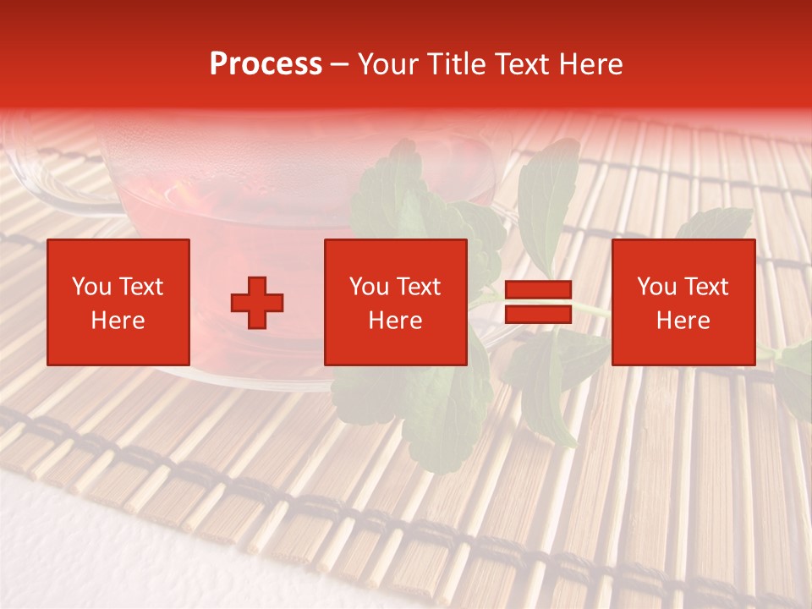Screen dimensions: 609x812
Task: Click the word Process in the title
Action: point(266,64)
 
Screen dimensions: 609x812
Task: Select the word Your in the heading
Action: point(387,64)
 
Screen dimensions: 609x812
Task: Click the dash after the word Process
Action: point(339,65)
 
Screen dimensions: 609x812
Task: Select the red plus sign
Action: point(257,303)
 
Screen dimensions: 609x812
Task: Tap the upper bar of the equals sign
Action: point(538,290)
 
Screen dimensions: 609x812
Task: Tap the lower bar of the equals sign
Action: point(538,315)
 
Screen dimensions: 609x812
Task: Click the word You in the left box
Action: point(91,287)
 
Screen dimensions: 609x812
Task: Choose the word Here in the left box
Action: point(118,321)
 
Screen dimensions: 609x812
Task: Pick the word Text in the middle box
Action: point(418,287)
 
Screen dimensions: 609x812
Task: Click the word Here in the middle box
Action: point(395,321)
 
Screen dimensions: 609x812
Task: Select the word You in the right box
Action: point(656,287)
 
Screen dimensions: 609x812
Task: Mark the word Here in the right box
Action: point(683,321)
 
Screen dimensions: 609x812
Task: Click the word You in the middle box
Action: point(369,287)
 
